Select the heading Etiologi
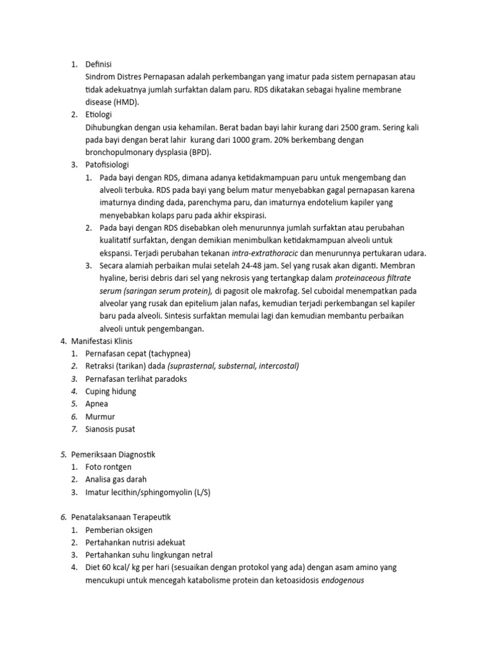(x=101, y=114)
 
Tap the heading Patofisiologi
(x=107, y=164)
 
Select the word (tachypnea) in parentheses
(x=166, y=353)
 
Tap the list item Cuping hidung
(x=111, y=391)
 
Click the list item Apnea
(x=97, y=404)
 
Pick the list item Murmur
(x=100, y=416)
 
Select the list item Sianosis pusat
(x=110, y=429)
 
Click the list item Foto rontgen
(x=110, y=467)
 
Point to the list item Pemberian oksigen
(x=119, y=530)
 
